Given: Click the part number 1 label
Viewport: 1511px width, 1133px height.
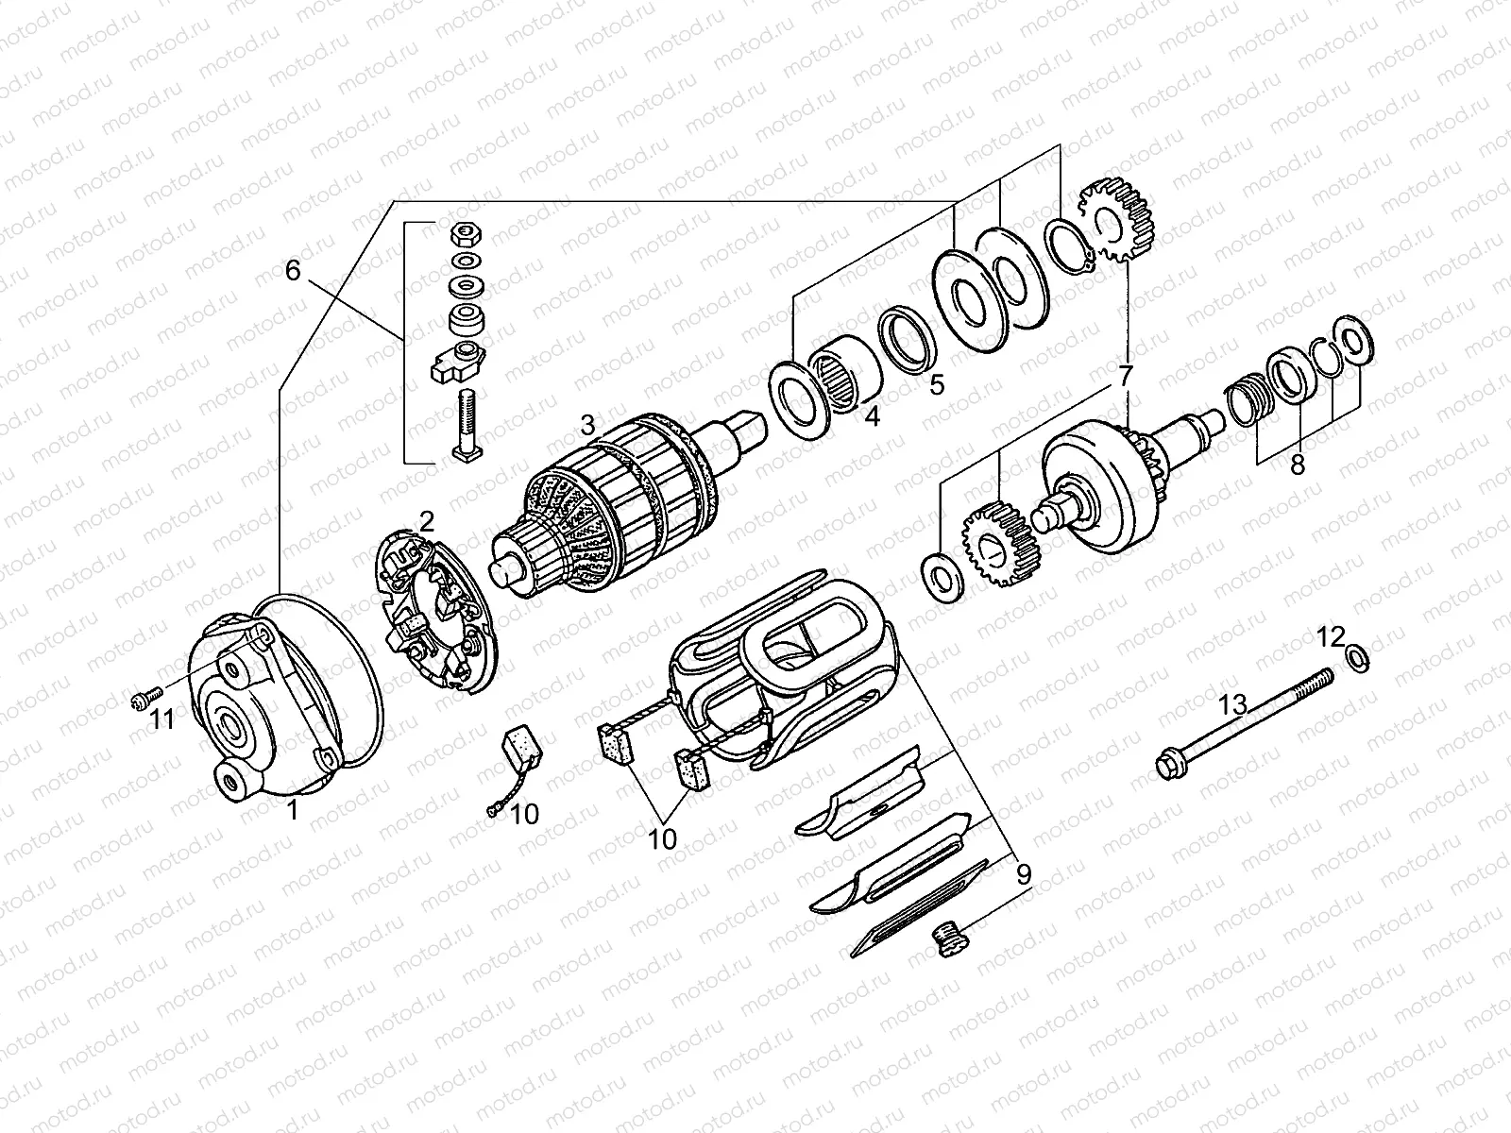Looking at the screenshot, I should [293, 809].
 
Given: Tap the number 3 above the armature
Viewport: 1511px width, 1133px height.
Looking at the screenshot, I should [588, 424].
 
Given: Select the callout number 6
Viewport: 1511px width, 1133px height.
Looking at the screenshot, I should [293, 271].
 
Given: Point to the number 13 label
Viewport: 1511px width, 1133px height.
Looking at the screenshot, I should [1233, 703].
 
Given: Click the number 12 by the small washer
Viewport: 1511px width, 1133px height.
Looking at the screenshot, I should [1331, 637].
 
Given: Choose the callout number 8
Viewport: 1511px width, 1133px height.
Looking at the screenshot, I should [1298, 465].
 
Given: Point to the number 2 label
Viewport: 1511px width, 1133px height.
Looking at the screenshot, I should [427, 519].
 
